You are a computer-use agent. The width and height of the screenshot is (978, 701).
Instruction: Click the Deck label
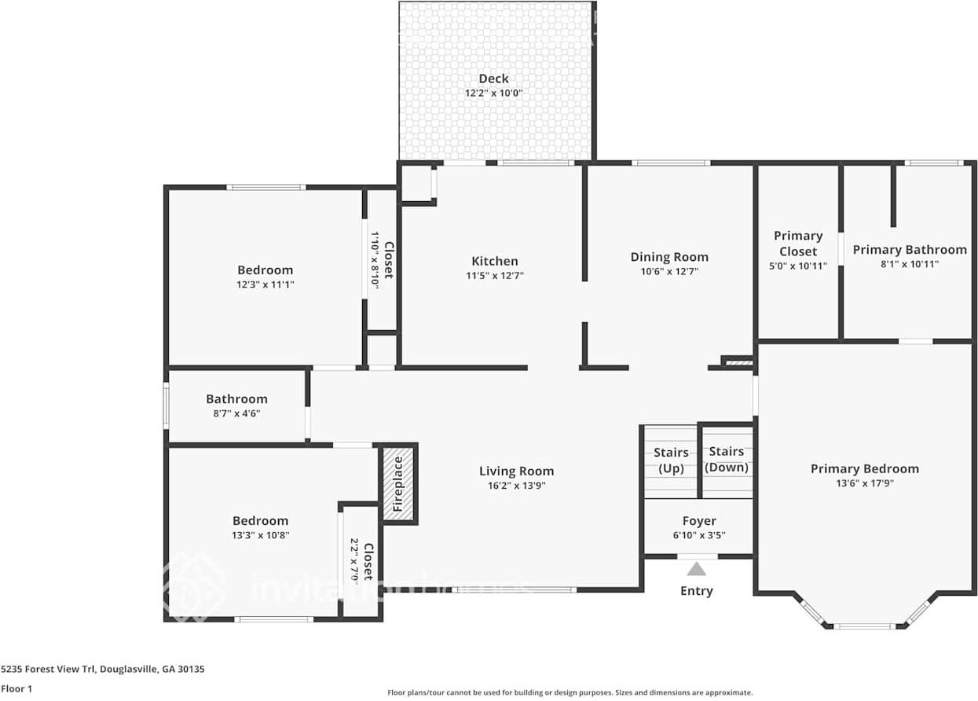(x=493, y=79)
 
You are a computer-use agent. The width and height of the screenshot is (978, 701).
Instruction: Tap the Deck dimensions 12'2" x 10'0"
(x=493, y=94)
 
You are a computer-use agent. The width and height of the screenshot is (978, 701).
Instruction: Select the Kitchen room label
(x=494, y=261)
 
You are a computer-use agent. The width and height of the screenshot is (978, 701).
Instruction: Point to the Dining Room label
(x=669, y=257)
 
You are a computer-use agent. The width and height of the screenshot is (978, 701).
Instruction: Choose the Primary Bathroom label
(x=910, y=250)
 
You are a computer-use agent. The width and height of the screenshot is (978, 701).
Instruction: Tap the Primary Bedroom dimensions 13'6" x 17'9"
(x=865, y=483)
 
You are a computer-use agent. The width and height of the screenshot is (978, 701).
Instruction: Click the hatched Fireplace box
(x=398, y=483)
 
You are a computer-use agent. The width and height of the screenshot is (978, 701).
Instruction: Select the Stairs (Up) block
(x=671, y=461)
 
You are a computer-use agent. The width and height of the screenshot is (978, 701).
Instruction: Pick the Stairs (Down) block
(x=727, y=461)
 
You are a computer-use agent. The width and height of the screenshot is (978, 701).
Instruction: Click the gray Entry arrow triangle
(x=697, y=569)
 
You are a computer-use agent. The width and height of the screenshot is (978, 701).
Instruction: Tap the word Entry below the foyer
(x=697, y=591)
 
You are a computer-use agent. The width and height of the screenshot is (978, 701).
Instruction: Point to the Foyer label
(x=699, y=521)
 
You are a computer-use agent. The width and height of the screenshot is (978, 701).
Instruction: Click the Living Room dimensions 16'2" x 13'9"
(x=516, y=486)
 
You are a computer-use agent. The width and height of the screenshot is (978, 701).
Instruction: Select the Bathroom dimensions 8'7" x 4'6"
(x=236, y=413)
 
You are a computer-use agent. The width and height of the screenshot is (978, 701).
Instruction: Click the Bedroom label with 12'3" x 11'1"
(x=265, y=270)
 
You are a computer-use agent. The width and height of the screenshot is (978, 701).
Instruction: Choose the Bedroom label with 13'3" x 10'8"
(x=260, y=520)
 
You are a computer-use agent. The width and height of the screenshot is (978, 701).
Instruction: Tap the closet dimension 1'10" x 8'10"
(x=375, y=261)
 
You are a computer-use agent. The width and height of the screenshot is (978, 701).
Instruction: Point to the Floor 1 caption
(x=16, y=688)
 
